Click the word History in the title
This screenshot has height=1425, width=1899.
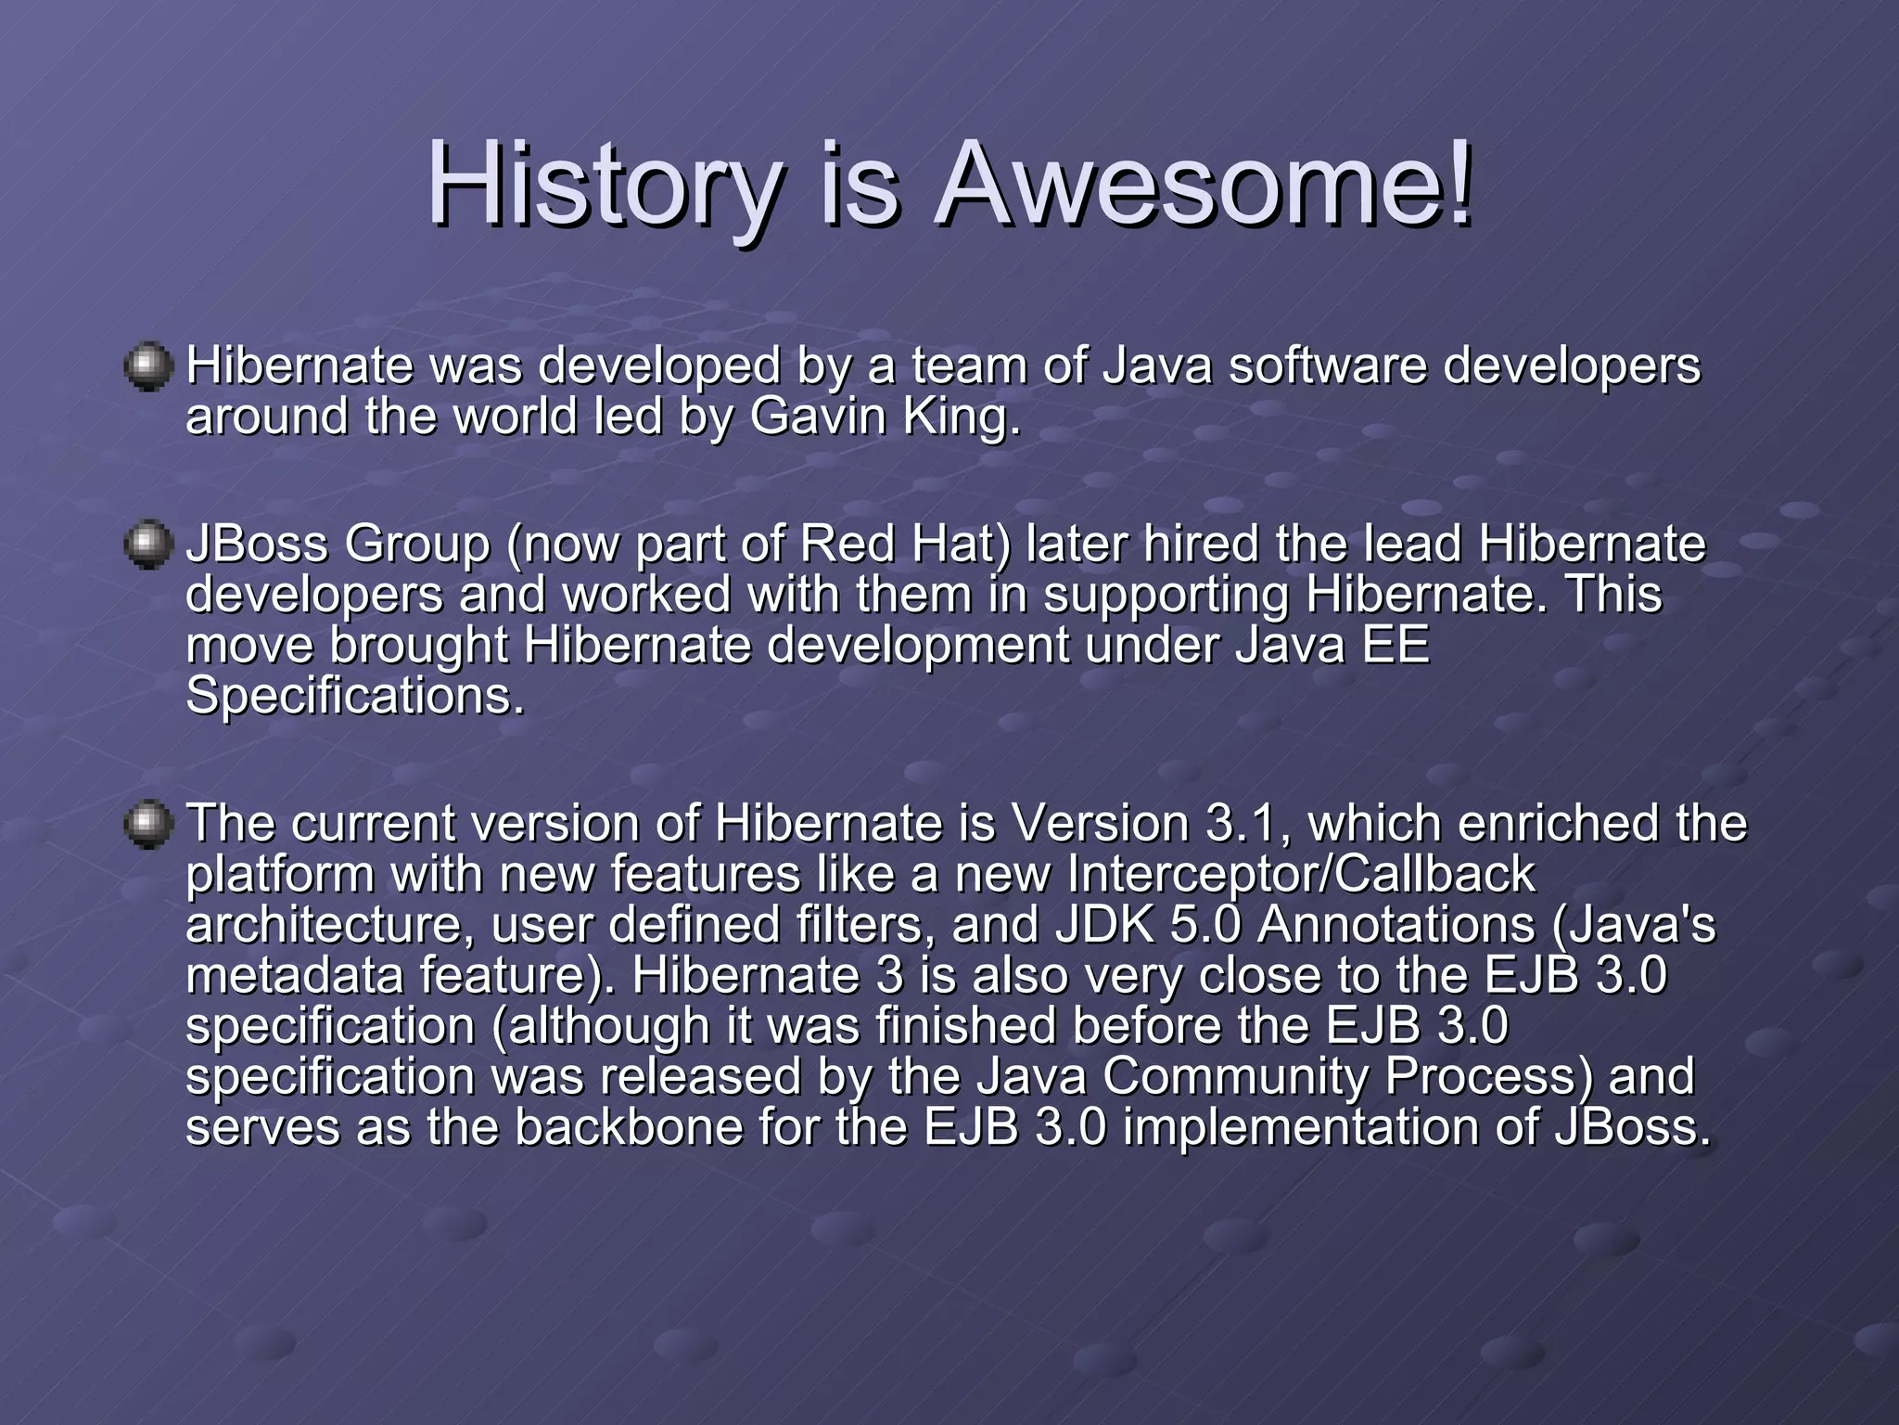604,186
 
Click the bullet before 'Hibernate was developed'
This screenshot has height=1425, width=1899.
148,368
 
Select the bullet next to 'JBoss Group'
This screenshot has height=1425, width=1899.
148,546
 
